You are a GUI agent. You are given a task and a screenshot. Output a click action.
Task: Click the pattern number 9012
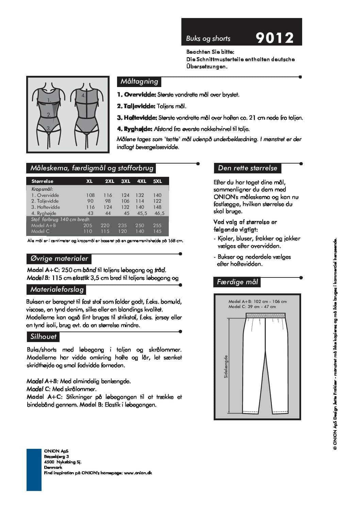tap(274, 38)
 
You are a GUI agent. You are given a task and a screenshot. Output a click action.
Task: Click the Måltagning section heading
tap(139, 82)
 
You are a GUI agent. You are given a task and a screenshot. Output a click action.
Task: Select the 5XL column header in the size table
tap(158, 181)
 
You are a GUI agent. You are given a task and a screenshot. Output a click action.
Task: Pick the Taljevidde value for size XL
tap(90, 201)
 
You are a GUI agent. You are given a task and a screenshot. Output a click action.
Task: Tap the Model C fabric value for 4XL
tap(140, 231)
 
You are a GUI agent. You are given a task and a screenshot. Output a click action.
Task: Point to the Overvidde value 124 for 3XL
tap(125, 195)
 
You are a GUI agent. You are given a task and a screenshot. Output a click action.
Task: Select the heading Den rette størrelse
tap(247, 168)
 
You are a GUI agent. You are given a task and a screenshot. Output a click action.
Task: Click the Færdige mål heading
tap(237, 282)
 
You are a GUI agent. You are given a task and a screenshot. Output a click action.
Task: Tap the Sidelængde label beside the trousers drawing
tap(226, 367)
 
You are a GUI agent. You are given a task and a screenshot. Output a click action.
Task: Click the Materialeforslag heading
tap(57, 290)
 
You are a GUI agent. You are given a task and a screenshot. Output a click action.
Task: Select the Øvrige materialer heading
tap(59, 259)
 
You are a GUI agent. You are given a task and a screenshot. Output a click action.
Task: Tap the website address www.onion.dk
tap(138, 473)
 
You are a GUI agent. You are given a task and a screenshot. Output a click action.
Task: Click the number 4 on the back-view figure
tap(83, 96)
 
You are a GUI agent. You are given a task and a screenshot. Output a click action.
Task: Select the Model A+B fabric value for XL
tap(88, 225)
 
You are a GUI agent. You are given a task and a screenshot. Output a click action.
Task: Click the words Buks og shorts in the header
tap(208, 39)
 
